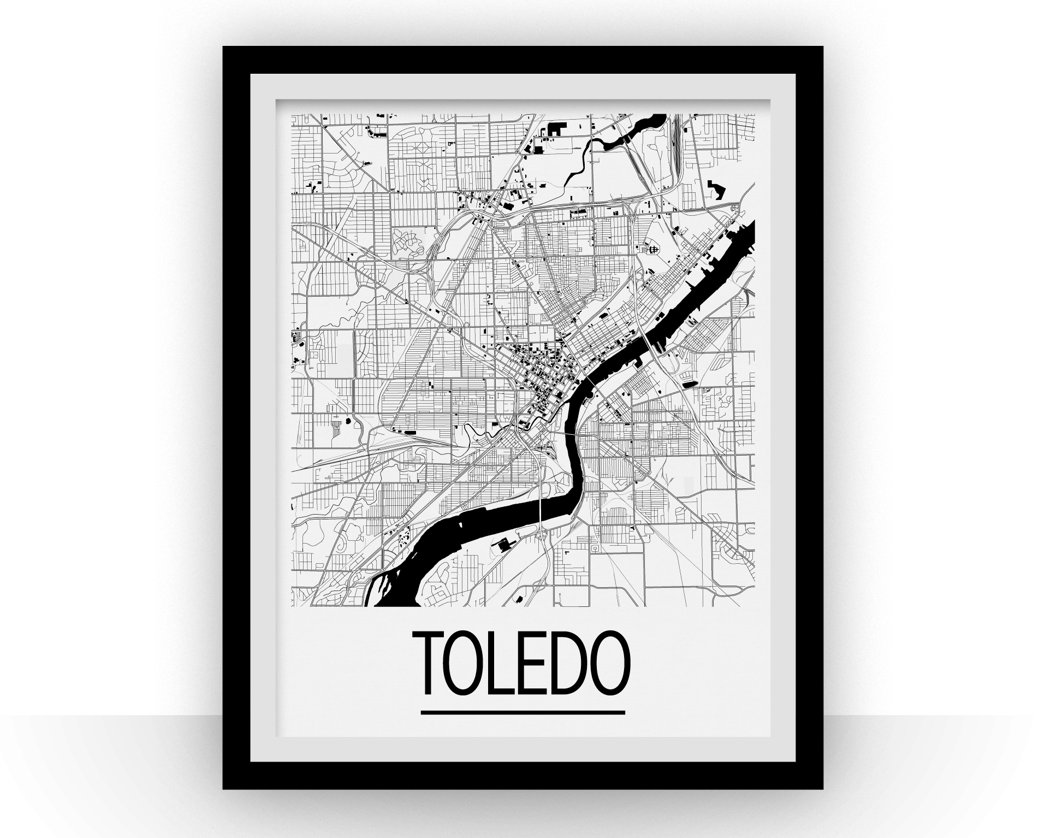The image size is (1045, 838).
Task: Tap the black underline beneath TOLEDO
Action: (522, 712)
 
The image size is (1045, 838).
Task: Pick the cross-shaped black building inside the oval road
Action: (651, 249)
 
